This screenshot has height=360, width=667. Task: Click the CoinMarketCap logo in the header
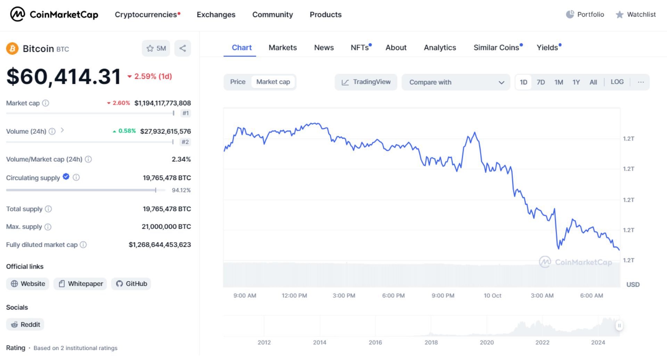tap(54, 15)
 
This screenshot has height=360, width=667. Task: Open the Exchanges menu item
tap(216, 15)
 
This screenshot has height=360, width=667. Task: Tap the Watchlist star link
tap(636, 15)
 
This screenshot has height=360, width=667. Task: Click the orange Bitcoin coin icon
tap(12, 49)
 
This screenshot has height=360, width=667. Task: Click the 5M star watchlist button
tap(156, 48)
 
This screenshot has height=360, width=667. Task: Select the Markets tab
tap(282, 48)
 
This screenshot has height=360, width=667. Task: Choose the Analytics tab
tap(440, 48)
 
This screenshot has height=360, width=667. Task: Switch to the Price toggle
tap(238, 82)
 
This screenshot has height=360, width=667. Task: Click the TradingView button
tap(366, 82)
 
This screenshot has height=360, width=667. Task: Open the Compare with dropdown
tap(456, 82)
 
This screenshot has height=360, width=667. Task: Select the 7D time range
tap(541, 82)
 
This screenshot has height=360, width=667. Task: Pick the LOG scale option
tap(617, 82)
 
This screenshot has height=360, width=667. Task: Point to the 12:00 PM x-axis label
tap(294, 296)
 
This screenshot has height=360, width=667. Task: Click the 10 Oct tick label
tap(492, 296)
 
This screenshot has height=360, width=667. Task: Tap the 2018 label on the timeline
tap(431, 343)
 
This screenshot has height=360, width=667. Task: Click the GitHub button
tap(131, 284)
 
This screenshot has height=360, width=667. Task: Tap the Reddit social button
tap(25, 325)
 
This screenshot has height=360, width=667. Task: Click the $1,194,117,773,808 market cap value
tap(163, 103)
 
